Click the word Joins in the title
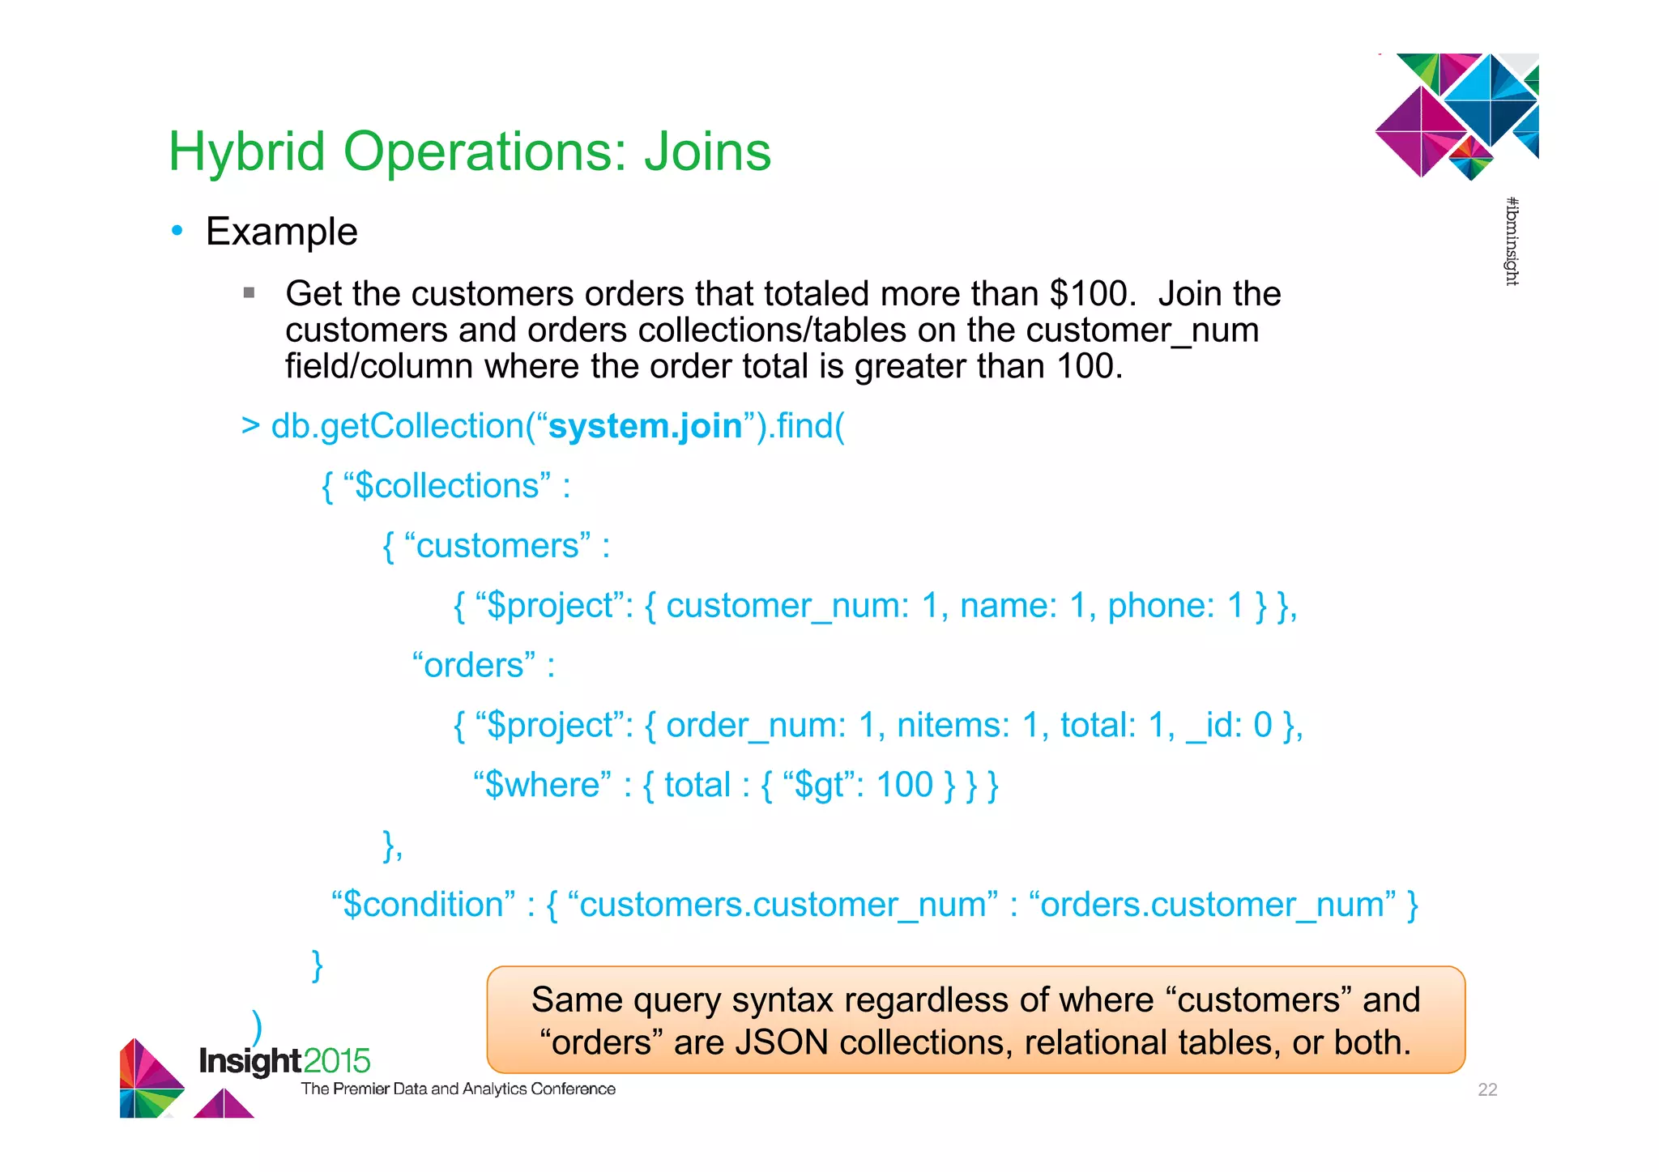tap(707, 152)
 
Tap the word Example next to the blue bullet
tap(281, 232)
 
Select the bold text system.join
tap(646, 426)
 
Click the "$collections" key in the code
tap(447, 486)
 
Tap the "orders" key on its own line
tap(474, 666)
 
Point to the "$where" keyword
tap(542, 785)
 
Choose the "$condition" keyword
tap(424, 905)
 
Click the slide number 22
tap(1487, 1090)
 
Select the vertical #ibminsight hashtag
tap(1512, 241)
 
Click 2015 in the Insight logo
tap(337, 1061)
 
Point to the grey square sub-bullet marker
tap(249, 292)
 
